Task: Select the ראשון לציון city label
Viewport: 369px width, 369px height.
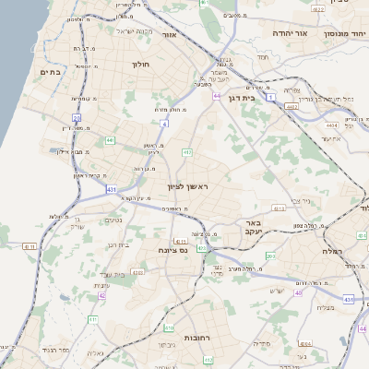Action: point(188,187)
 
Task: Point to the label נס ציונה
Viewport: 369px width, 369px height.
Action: point(173,250)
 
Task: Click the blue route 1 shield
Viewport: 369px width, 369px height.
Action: point(271,96)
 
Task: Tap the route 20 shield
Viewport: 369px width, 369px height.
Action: point(77,118)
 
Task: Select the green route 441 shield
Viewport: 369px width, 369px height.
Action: point(110,140)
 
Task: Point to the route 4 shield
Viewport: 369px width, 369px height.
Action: point(165,123)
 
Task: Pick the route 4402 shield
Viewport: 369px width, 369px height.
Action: point(292,107)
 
